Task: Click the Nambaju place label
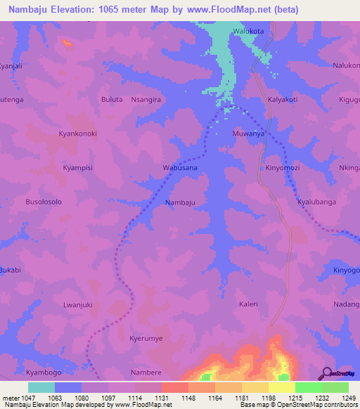point(179,202)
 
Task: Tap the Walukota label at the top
point(248,31)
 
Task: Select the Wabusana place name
point(180,169)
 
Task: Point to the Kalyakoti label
point(283,100)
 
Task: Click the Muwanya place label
point(248,133)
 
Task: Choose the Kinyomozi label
point(283,169)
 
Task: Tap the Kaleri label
point(248,304)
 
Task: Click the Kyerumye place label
point(146,339)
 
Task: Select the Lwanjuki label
point(77,304)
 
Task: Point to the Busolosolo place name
point(44,202)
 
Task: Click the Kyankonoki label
point(77,134)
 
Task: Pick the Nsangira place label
point(146,100)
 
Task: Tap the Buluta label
point(112,100)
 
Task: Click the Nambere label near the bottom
point(146,372)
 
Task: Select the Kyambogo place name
point(44,372)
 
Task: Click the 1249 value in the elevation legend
point(340,398)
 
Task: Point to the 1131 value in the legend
point(160,398)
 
